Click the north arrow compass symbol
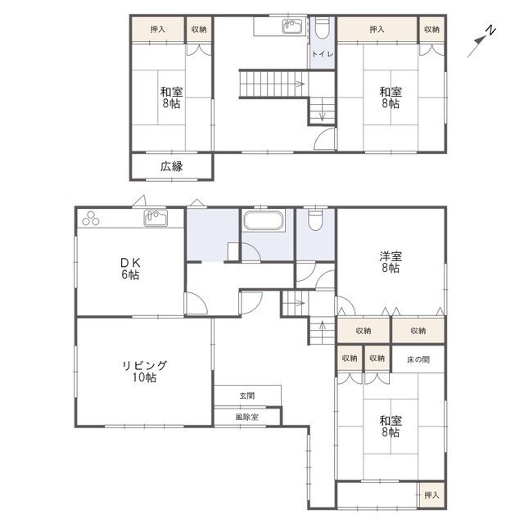tap(481, 41)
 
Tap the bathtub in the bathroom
tap(264, 220)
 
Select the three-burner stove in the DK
tap(91, 219)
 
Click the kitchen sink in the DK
tap(156, 218)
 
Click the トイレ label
tap(323, 54)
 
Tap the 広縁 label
tap(172, 166)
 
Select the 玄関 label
tap(247, 395)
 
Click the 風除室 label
tap(247, 417)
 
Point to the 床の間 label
tap(418, 359)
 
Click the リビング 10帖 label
tap(144, 371)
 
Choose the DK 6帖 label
tap(130, 269)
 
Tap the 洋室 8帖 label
tap(391, 262)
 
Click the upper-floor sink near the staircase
tap(292, 26)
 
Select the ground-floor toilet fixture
tap(315, 219)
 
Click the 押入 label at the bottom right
tap(431, 495)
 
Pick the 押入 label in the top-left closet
tap(158, 29)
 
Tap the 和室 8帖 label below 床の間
tap(391, 426)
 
